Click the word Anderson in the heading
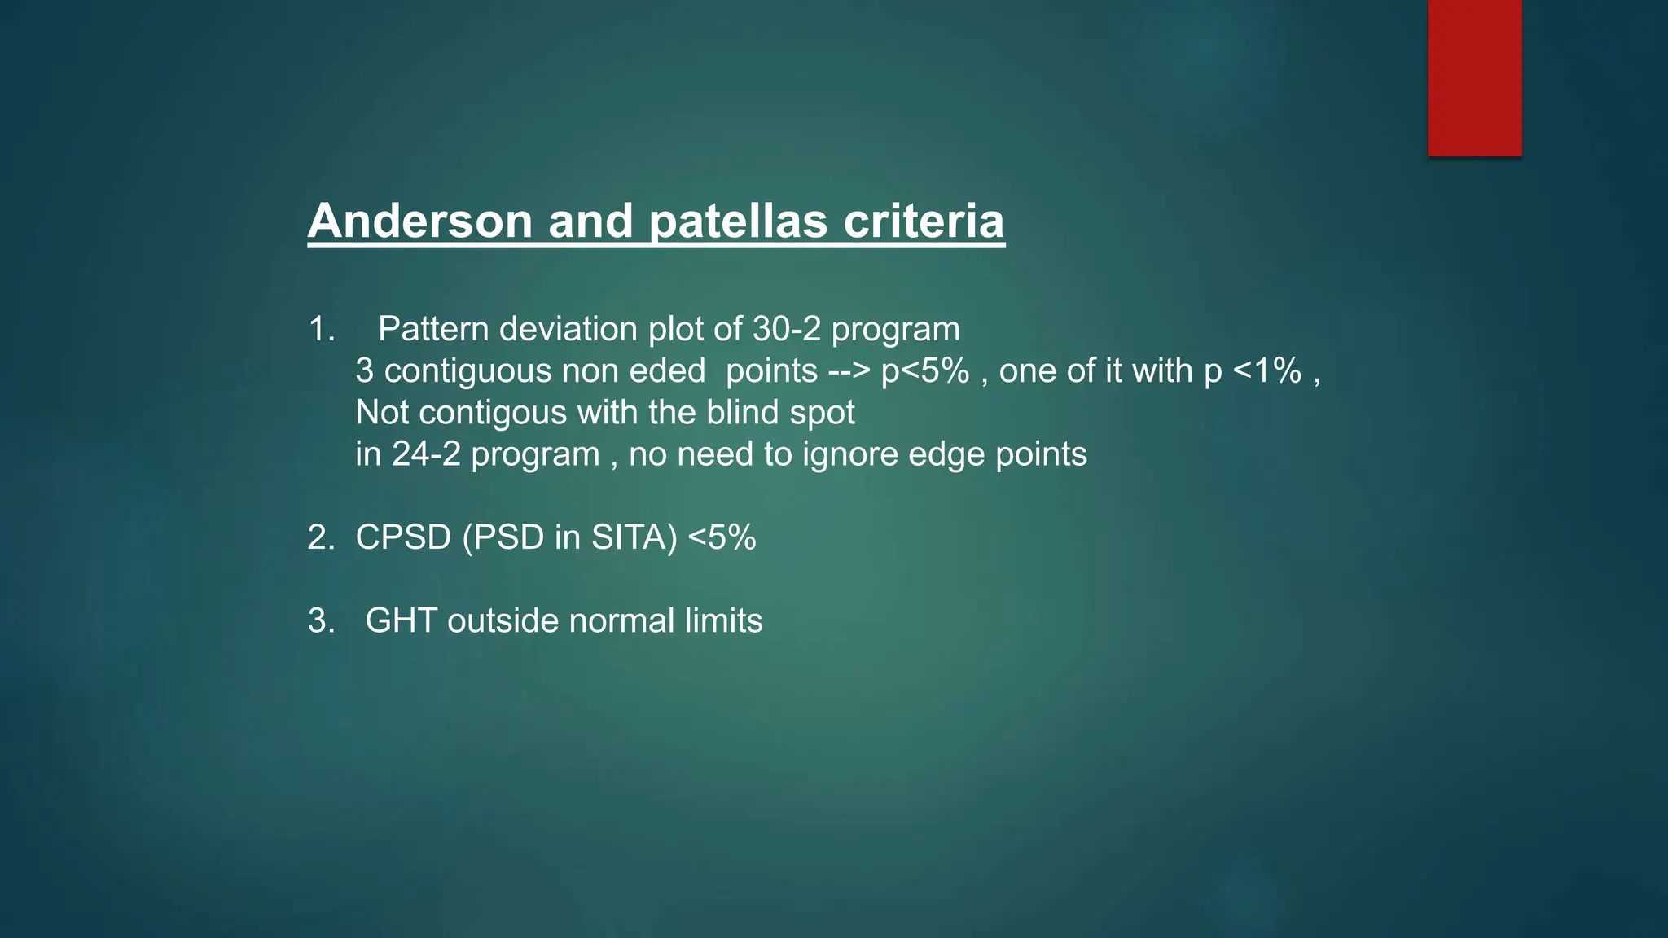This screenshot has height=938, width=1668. click(x=419, y=221)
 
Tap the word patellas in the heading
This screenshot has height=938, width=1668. click(x=738, y=221)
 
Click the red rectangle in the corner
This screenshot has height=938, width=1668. click(x=1474, y=77)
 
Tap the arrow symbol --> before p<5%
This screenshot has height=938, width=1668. click(x=849, y=371)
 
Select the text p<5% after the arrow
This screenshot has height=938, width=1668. click(x=925, y=371)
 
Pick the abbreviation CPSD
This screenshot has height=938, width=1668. click(x=403, y=537)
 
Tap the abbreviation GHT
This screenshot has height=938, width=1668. click(x=401, y=620)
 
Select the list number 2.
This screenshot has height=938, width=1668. click(x=319, y=537)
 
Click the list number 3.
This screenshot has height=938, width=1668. click(x=319, y=620)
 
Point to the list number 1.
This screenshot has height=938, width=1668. click(x=319, y=329)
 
